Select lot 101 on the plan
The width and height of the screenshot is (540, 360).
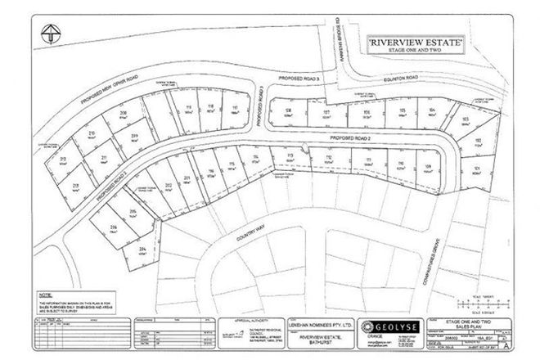(475, 170)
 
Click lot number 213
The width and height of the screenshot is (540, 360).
(63, 160)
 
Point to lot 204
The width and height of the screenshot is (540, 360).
(142, 251)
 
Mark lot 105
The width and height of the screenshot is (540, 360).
(402, 112)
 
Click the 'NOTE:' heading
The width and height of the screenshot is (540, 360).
(47, 293)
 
